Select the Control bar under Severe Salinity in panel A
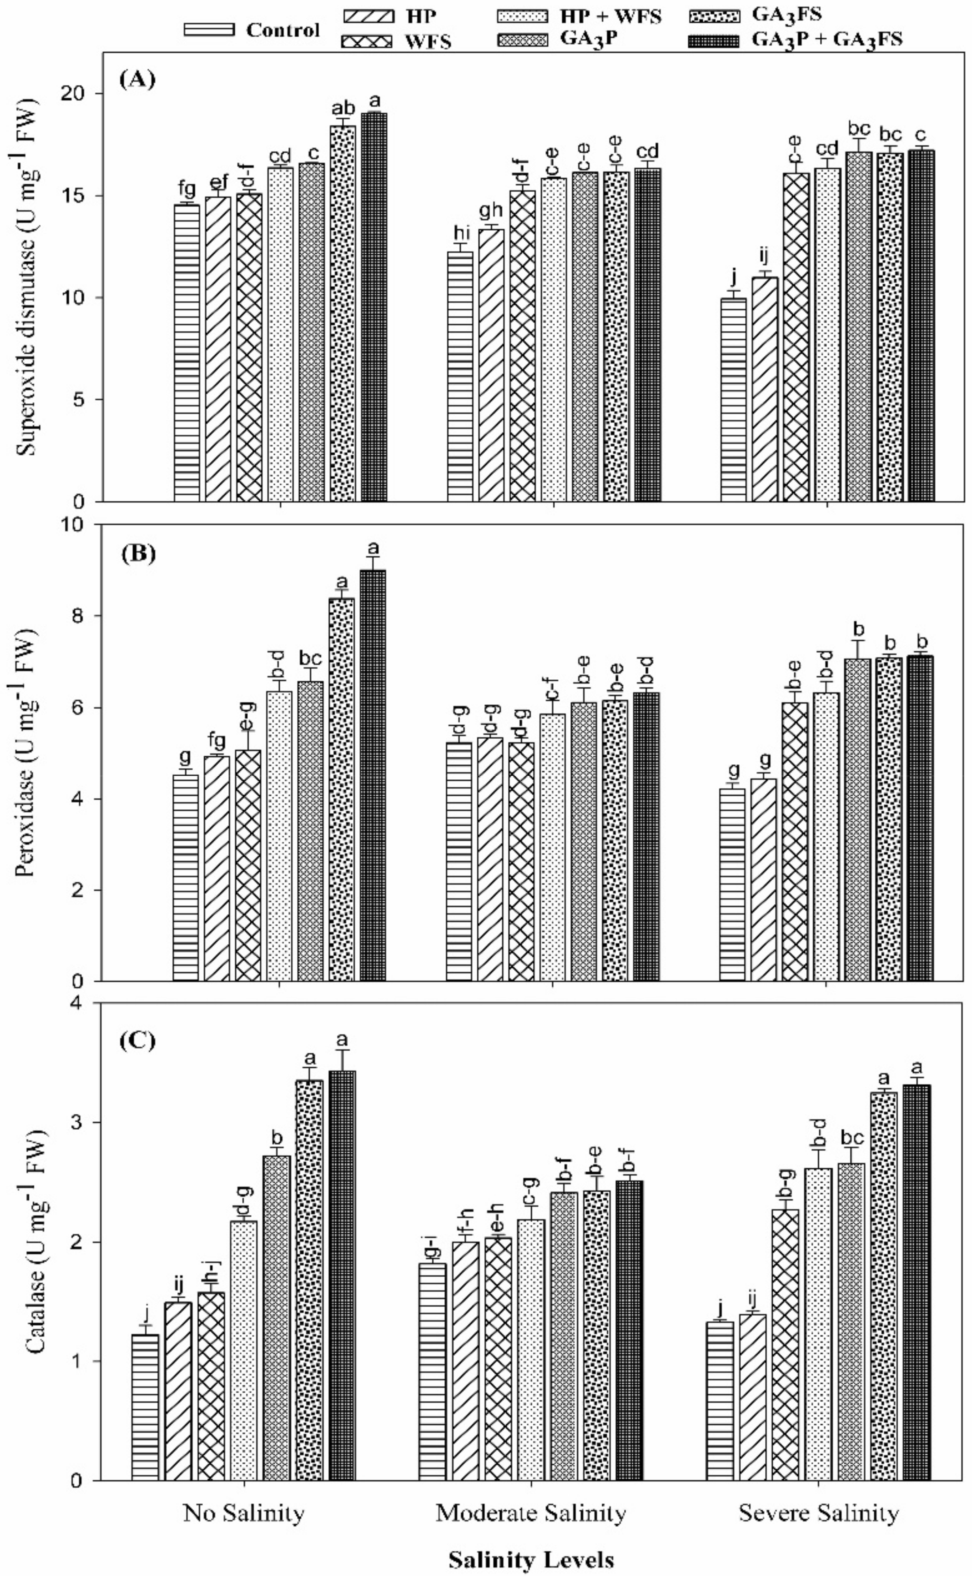point(733,399)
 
